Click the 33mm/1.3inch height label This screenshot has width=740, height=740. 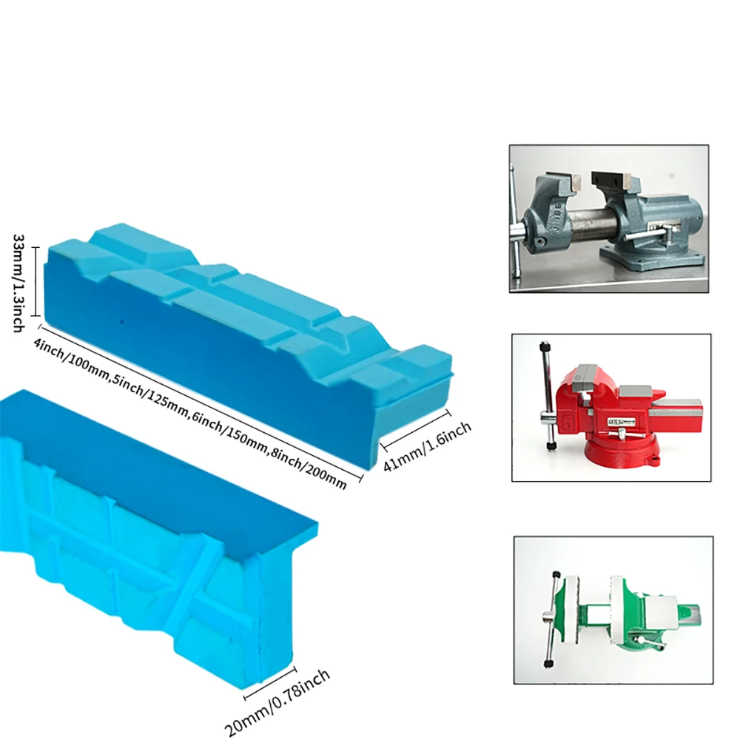18,283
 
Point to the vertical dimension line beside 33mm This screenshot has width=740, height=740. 34,281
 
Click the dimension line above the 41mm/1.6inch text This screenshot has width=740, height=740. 415,429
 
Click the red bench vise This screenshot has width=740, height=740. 622,411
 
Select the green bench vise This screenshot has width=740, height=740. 622,613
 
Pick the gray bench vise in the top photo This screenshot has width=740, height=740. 609,222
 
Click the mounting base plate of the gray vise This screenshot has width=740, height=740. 653,258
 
